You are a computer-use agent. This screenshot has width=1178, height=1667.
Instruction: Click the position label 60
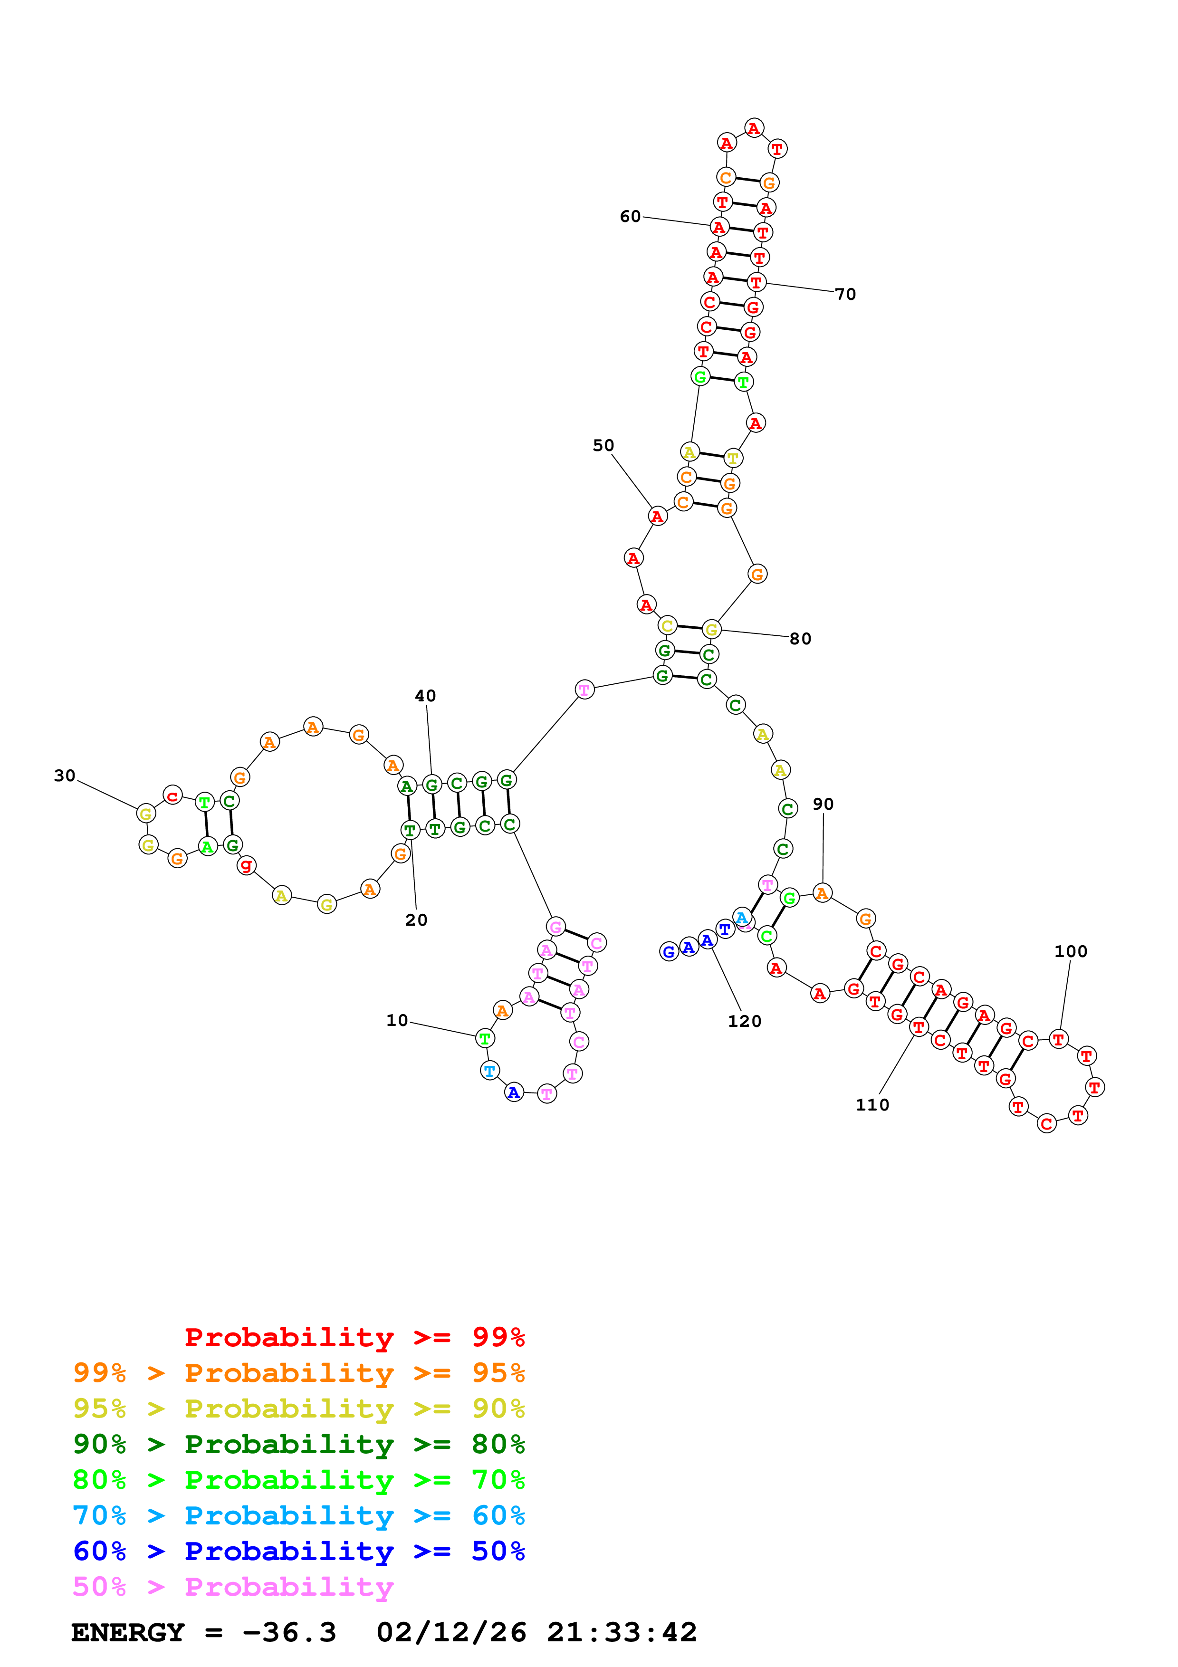630,216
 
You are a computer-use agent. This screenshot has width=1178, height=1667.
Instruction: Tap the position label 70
845,294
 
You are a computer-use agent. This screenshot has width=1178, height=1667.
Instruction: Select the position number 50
603,445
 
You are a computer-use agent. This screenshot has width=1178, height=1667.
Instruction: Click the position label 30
65,776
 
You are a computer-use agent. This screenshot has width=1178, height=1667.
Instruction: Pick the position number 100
1071,951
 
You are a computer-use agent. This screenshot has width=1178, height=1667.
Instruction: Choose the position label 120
745,1021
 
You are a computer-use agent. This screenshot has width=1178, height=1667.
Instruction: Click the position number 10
397,1020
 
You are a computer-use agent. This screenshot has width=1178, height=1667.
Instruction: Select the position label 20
416,920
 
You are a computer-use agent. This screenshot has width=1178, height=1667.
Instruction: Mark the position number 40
425,696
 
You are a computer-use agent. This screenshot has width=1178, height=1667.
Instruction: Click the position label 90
823,804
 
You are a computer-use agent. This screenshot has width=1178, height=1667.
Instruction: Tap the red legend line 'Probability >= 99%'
354,1337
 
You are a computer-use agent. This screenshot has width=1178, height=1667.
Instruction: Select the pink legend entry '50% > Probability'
233,1586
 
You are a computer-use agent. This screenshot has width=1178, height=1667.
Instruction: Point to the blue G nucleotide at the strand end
669,951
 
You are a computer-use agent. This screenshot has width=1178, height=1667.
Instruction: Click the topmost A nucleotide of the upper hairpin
754,128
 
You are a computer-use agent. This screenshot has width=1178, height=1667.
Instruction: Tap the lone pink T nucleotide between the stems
584,689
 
